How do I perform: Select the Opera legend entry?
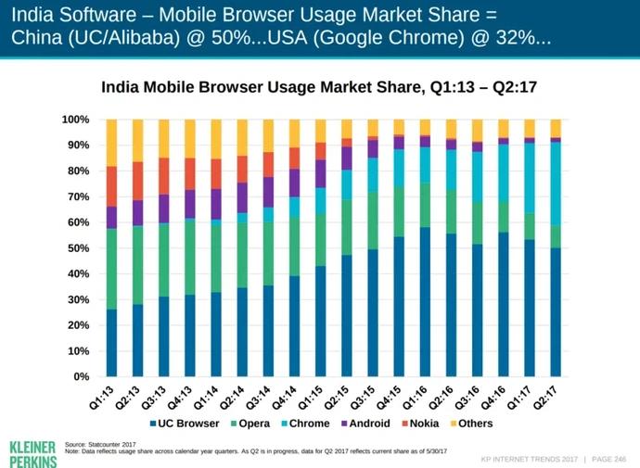(249, 424)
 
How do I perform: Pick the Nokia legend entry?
(419, 424)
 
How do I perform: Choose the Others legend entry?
(471, 424)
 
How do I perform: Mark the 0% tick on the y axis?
(80, 377)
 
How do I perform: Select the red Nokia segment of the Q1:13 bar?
(111, 185)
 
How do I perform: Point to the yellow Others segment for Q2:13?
(137, 140)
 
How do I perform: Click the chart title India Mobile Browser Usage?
(319, 88)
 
